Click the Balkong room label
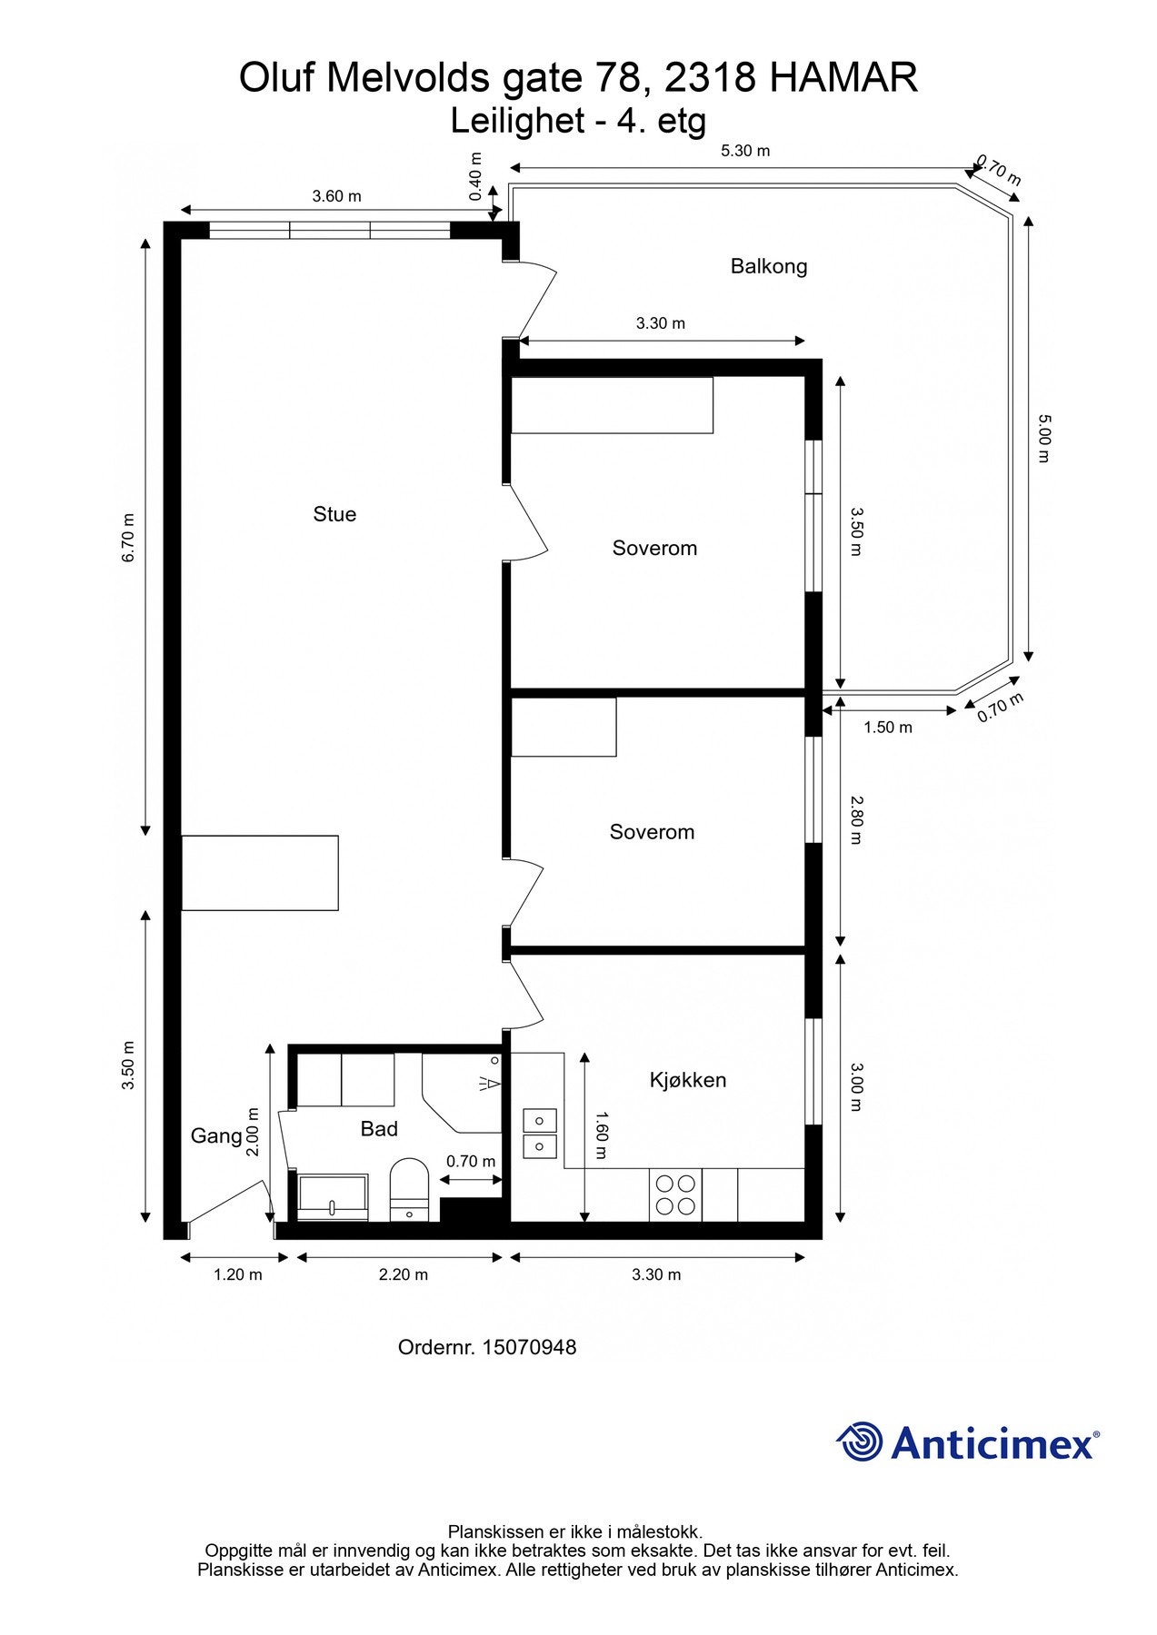(x=769, y=266)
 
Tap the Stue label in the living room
(x=334, y=514)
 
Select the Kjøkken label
(x=688, y=1080)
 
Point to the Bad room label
(x=379, y=1128)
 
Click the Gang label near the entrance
(x=216, y=1135)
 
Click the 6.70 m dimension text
(x=128, y=538)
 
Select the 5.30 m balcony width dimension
(x=745, y=151)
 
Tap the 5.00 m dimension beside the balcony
(x=1043, y=438)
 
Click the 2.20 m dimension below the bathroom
(x=404, y=1274)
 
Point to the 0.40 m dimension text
(x=475, y=176)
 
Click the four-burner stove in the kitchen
(x=675, y=1194)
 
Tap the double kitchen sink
(x=540, y=1133)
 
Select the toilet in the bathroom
(x=409, y=1189)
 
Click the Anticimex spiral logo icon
(x=859, y=1442)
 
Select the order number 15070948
(x=529, y=1347)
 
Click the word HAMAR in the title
(x=843, y=79)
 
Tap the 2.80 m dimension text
(x=856, y=819)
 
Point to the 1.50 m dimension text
(x=888, y=728)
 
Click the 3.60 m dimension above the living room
(x=336, y=196)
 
